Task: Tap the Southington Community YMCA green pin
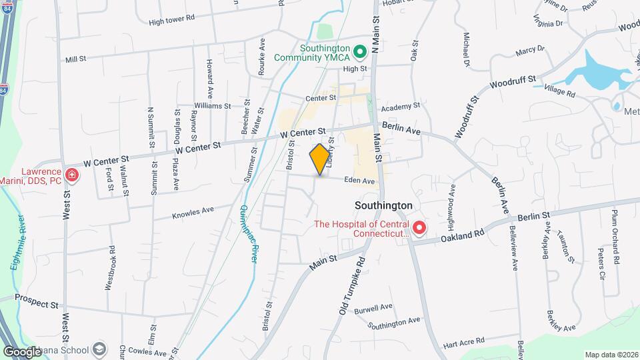click(360, 51)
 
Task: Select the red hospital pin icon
click(419, 229)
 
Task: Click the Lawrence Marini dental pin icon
click(72, 176)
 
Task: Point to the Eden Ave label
click(360, 181)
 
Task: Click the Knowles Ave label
click(193, 213)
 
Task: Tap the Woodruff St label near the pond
click(513, 83)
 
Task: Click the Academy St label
click(400, 106)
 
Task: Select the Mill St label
click(76, 59)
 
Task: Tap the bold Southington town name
click(383, 206)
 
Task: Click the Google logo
click(22, 351)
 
